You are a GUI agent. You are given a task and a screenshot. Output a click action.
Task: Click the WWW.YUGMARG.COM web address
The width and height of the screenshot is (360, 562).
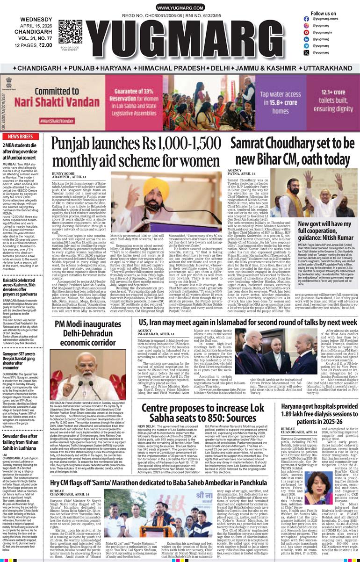[x=180, y=8]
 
